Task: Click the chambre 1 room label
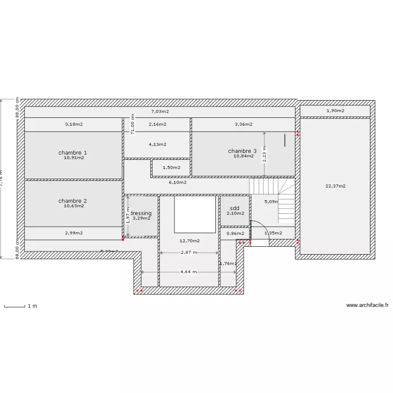coord(73,152)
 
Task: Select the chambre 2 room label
coord(73,201)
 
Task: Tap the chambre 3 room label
coord(243,151)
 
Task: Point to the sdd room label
coord(235,208)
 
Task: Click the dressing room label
coord(141,213)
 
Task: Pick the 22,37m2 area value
coord(335,185)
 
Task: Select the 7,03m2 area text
coord(160,111)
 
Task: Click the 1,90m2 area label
coord(335,111)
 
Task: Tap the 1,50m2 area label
coord(171,168)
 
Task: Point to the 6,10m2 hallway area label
coord(178,182)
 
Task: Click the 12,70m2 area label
coord(189,241)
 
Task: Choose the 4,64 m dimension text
coord(189,271)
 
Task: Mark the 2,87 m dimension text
coord(189,252)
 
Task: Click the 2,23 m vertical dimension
coord(265,154)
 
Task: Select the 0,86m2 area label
coord(235,233)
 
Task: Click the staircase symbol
coord(272,199)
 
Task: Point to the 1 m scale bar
coord(15,306)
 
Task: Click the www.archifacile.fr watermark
coord(367,305)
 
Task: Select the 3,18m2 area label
coord(74,124)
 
